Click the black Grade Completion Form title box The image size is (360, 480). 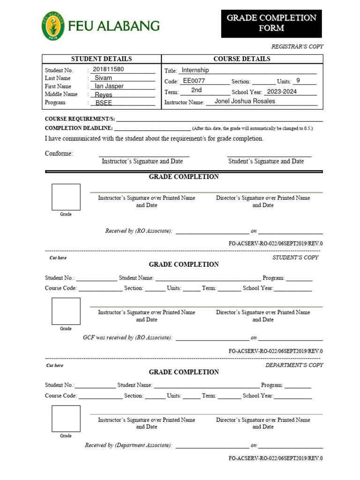(x=271, y=23)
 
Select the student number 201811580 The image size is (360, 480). (x=108, y=69)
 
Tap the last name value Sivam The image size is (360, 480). (x=103, y=78)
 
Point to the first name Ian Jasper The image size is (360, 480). (x=109, y=86)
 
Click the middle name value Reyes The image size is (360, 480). (x=104, y=95)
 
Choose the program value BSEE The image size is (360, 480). (x=104, y=103)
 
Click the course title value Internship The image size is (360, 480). (x=195, y=70)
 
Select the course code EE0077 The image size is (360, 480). (x=194, y=81)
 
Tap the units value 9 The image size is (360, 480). (x=298, y=81)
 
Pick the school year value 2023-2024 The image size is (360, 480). (x=282, y=92)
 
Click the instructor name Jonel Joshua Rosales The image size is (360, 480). (x=245, y=101)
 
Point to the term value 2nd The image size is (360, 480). (x=196, y=90)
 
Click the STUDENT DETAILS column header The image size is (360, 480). (x=101, y=59)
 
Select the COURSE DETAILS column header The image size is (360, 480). (x=242, y=59)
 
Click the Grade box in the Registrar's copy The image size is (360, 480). (x=66, y=197)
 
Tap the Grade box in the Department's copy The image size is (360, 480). (x=66, y=419)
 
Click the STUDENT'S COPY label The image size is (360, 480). (x=295, y=257)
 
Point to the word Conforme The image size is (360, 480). (x=59, y=154)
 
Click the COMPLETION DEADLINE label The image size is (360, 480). (x=78, y=128)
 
